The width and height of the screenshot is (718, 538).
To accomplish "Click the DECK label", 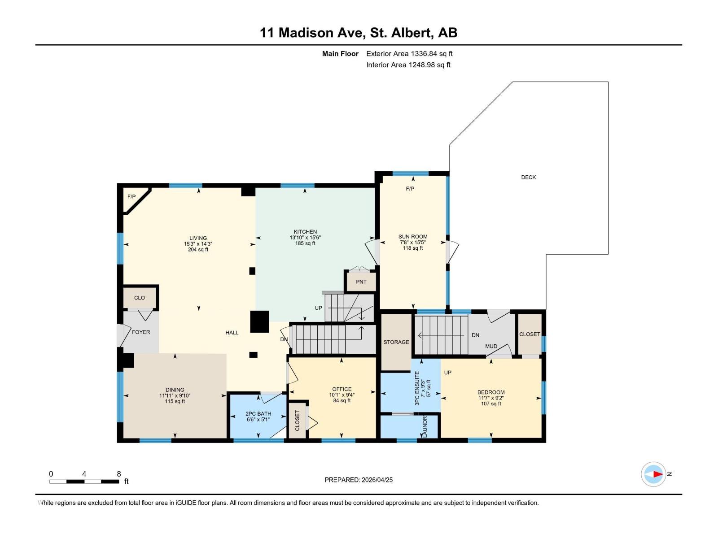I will point(528,177).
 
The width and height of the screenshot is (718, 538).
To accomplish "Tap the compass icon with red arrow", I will point(653,474).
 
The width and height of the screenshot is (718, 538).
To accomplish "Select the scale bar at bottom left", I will point(84,481).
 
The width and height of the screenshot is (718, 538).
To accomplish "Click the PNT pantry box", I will point(361,282).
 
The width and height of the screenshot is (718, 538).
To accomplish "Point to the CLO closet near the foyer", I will point(140,298).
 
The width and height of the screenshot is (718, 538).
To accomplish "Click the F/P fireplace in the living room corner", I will point(132,197).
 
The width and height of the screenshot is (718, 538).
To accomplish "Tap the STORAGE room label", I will point(396,342).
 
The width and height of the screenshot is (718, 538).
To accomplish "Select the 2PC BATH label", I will point(258,414).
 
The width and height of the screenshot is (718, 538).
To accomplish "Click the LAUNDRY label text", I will point(425,426).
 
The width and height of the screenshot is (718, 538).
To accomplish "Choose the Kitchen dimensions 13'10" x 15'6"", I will point(305,238).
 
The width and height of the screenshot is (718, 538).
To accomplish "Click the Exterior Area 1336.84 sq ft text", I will point(409,53).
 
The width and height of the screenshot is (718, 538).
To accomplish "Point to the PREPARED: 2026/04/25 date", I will point(359,480).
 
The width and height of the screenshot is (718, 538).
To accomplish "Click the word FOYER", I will point(141,332).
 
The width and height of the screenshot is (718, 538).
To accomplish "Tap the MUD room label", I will point(491,346).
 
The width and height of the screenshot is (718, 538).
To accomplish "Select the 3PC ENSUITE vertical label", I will point(417,388).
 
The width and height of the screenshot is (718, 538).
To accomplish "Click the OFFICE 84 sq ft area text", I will point(342,400).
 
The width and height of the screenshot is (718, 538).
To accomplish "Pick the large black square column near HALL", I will point(259,321).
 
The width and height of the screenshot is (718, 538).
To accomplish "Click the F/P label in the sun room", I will point(410,189).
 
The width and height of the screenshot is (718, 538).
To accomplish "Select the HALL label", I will point(232,333).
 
